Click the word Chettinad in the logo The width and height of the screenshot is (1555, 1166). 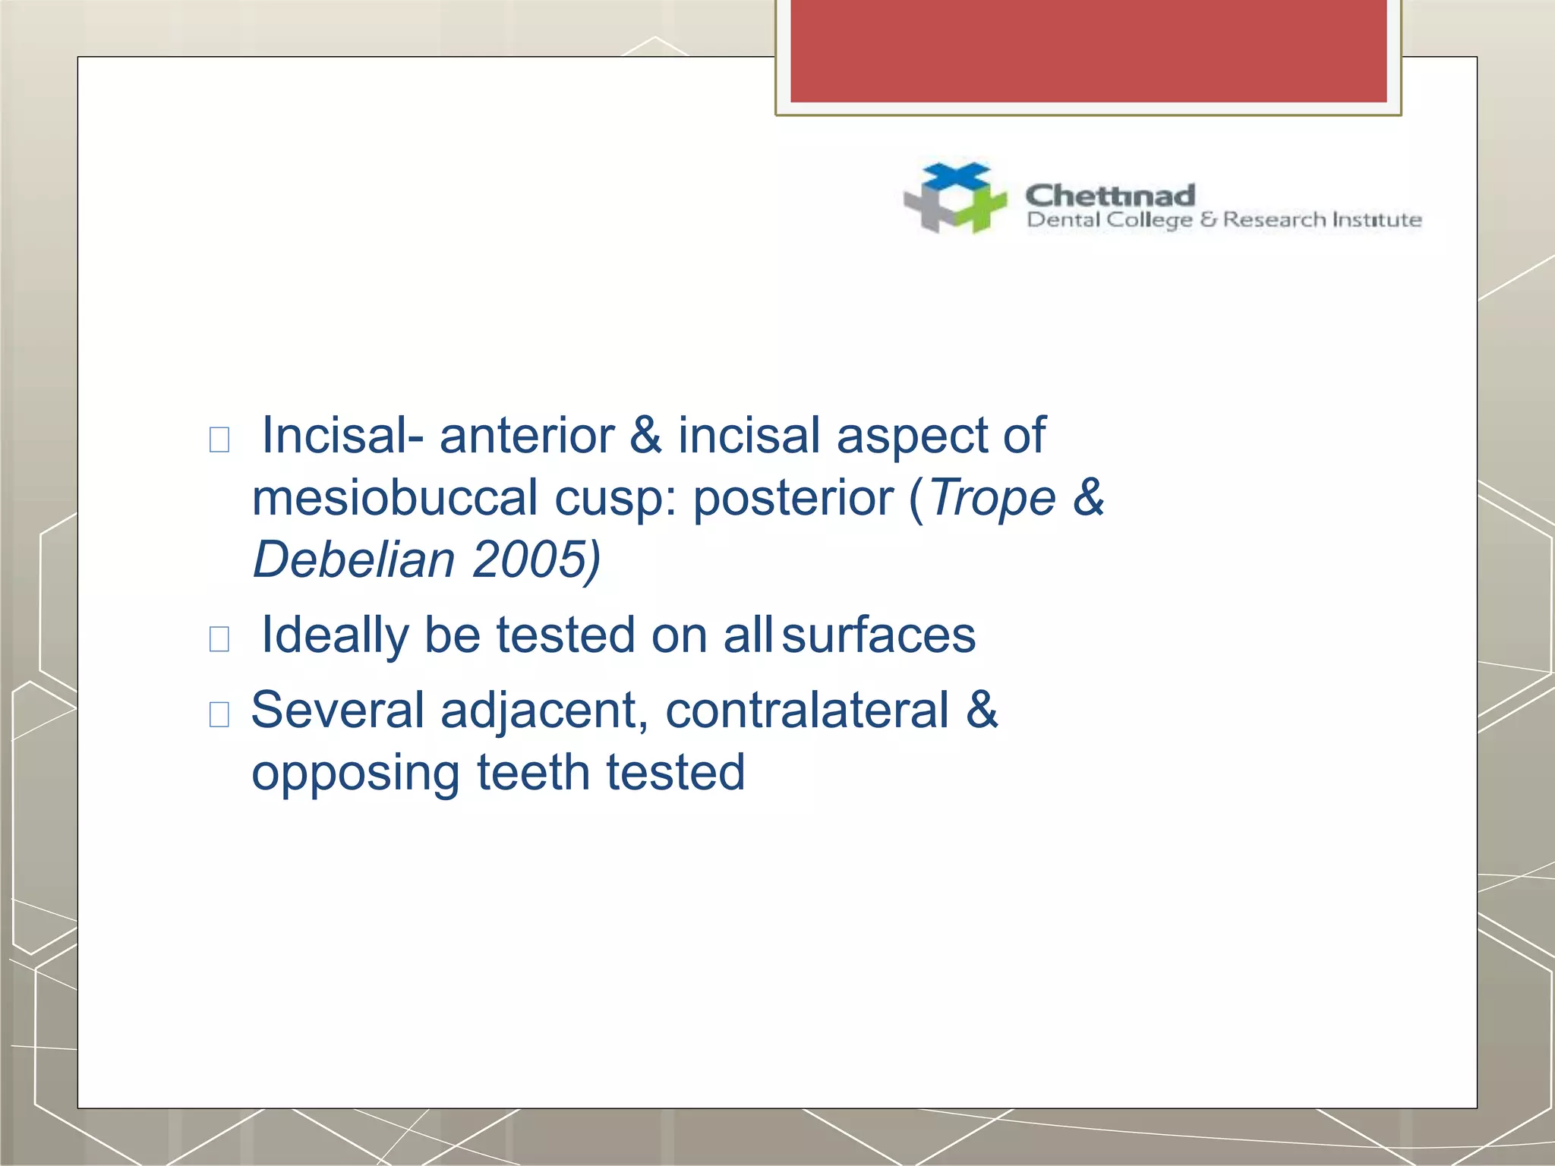point(1110,196)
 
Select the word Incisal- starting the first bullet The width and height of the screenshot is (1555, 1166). point(342,436)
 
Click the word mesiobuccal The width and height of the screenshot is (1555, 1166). point(394,499)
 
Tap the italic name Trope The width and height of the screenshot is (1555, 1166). point(993,499)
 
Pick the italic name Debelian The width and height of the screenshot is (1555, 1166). point(354,560)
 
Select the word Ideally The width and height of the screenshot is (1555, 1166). point(334,635)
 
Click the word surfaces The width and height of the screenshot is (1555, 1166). point(878,635)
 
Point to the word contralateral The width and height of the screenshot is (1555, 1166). point(807,711)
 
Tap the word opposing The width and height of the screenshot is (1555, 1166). point(355,773)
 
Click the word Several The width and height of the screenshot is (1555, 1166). point(337,711)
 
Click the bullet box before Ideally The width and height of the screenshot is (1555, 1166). point(219,638)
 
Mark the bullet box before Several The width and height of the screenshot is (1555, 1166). point(219,714)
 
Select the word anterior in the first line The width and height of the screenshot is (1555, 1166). point(527,436)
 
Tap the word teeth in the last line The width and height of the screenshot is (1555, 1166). point(532,773)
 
